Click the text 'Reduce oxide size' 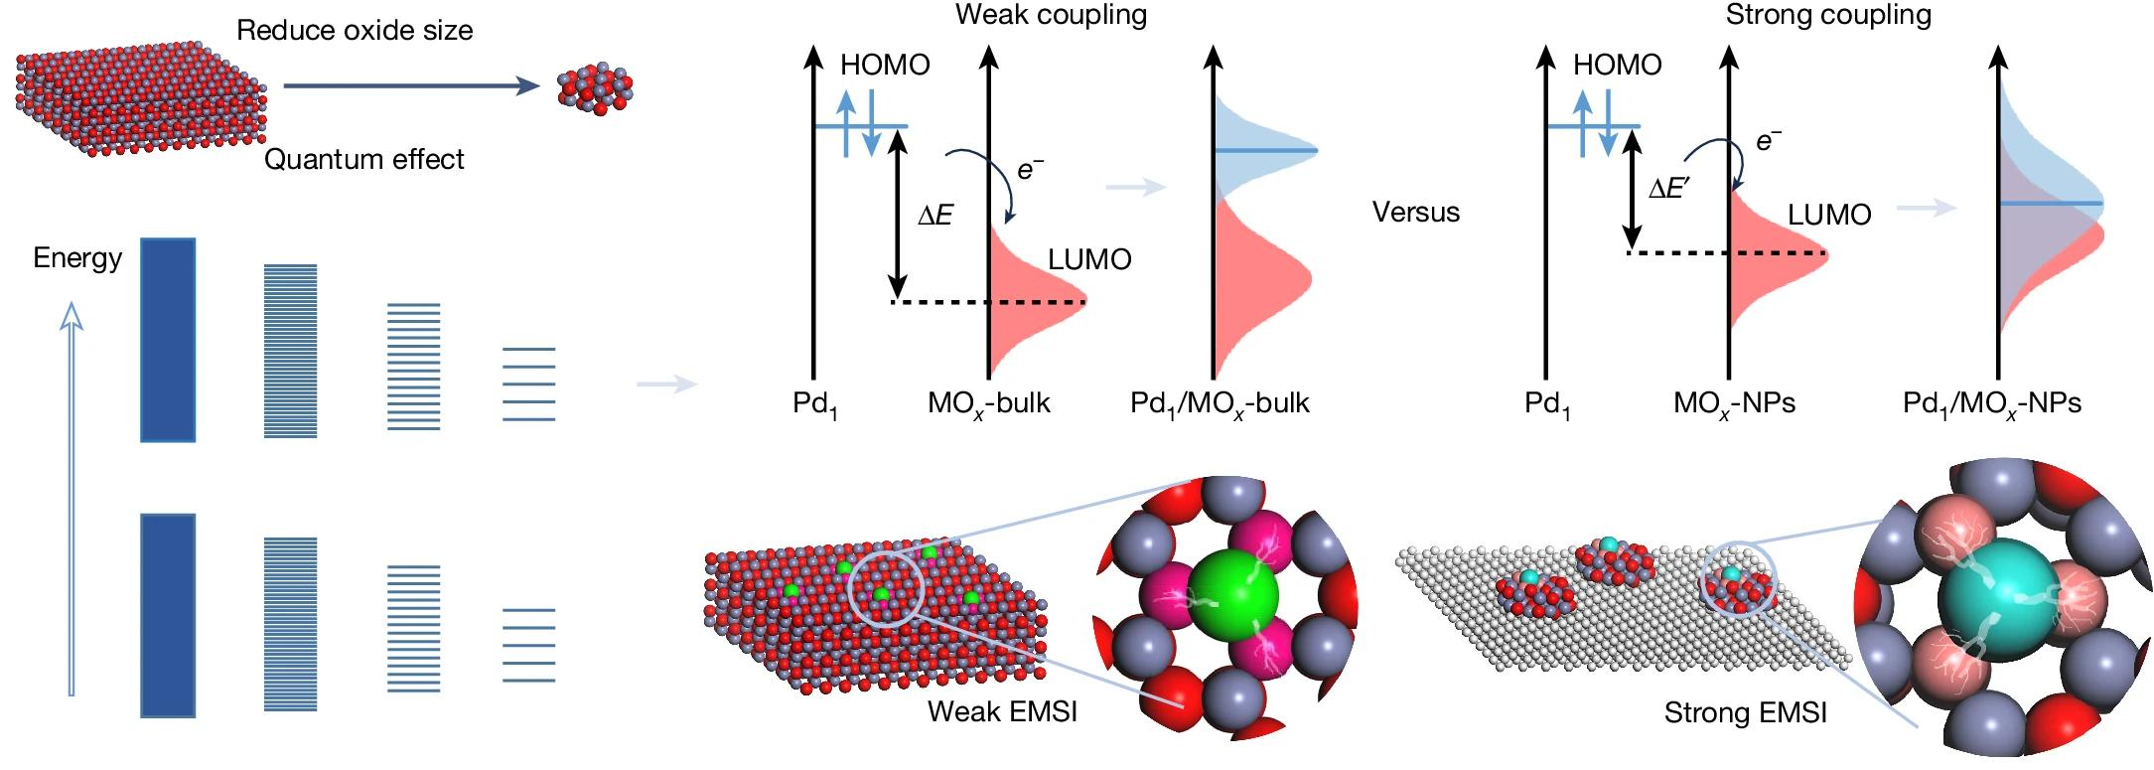point(355,30)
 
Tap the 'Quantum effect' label point(363,159)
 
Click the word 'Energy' point(77,258)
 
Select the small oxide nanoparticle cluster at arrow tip point(595,89)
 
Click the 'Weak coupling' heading point(1051,15)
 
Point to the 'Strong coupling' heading point(1828,15)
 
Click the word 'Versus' point(1415,212)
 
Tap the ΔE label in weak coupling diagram point(935,215)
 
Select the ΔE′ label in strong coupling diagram point(1669,189)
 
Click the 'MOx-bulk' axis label point(988,403)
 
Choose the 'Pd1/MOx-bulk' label point(1220,403)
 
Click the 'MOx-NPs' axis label point(1734,403)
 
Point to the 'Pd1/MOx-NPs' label point(1991,403)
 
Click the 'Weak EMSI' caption point(1002,711)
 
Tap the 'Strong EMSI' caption point(1745,712)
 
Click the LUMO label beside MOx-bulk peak point(1089,259)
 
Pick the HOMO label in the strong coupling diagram point(1617,66)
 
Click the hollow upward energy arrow point(71,497)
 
